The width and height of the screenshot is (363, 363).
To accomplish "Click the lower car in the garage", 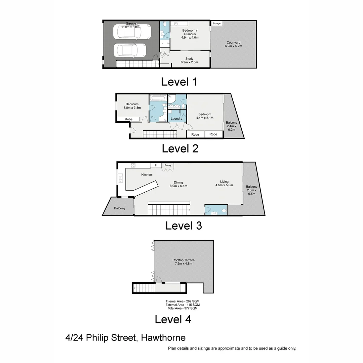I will pyautogui.click(x=130, y=50).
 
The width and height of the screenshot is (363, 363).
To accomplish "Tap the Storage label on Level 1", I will pyautogui.click(x=216, y=24).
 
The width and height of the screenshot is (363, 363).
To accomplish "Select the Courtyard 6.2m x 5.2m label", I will pyautogui.click(x=233, y=44).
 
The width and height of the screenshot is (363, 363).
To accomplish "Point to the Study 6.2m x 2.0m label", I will pyautogui.click(x=189, y=60).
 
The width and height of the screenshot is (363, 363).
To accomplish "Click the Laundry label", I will pyautogui.click(x=176, y=119).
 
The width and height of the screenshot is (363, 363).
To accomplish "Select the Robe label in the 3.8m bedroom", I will pyautogui.click(x=128, y=119).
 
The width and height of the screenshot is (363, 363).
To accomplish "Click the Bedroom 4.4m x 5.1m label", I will pyautogui.click(x=204, y=116).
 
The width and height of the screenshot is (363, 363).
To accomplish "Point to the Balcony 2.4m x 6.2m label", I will pyautogui.click(x=231, y=126).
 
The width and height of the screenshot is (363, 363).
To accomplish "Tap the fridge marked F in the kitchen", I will pyautogui.click(x=156, y=165).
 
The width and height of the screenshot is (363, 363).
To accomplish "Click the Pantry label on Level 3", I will pyautogui.click(x=168, y=165).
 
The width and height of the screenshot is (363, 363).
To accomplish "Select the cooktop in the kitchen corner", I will pyautogui.click(x=133, y=165).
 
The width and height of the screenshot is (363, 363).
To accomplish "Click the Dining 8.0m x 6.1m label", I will pyautogui.click(x=178, y=184).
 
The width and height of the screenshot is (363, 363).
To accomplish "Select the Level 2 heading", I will pyautogui.click(x=180, y=148).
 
